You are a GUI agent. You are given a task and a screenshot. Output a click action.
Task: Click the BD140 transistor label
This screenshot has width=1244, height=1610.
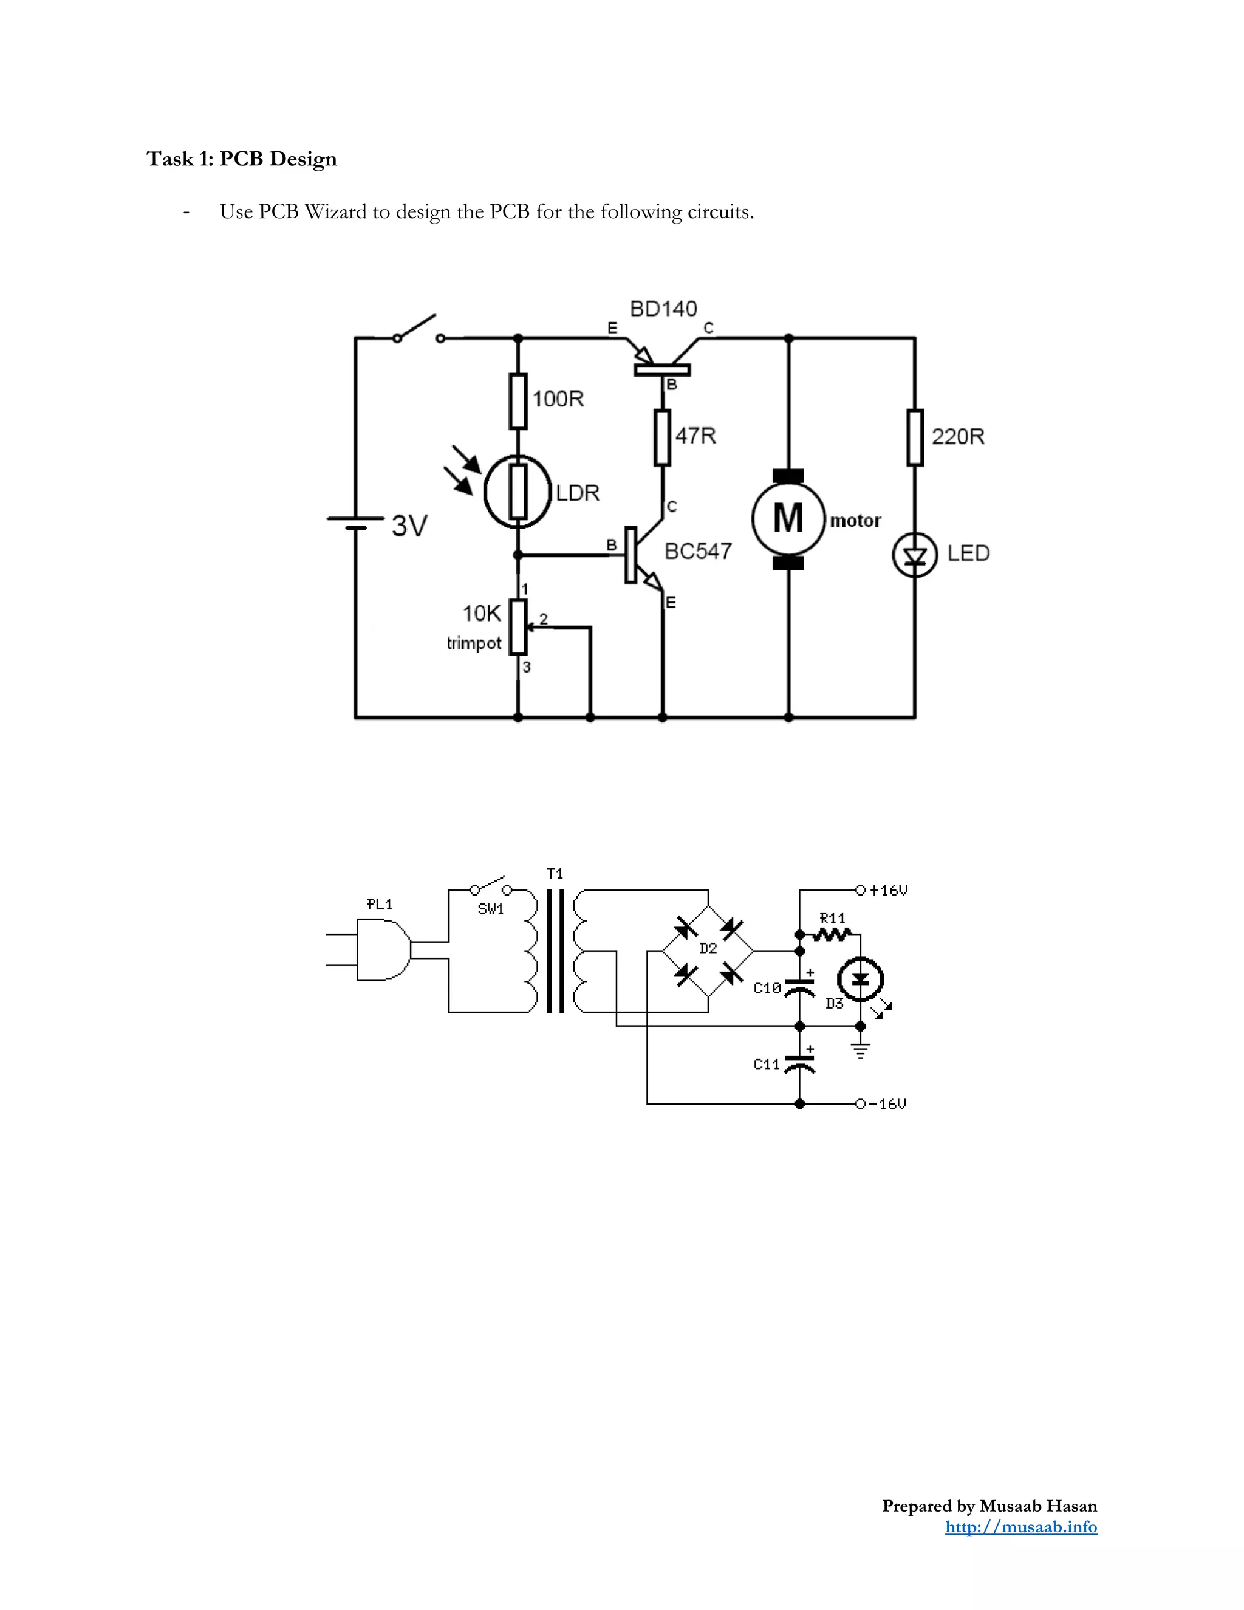click(x=663, y=309)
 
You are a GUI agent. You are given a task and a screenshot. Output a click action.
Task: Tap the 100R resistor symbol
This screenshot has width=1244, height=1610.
click(x=518, y=401)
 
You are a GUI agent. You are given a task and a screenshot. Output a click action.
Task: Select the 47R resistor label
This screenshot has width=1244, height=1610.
click(x=695, y=436)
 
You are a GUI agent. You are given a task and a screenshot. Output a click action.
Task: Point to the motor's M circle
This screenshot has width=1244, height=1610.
click(x=788, y=518)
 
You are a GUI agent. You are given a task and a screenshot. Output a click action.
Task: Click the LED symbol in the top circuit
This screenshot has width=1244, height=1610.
click(x=915, y=556)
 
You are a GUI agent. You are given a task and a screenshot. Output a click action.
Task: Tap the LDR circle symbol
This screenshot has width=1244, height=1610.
click(x=518, y=492)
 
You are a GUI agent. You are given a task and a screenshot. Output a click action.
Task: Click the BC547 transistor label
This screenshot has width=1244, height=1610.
click(x=698, y=552)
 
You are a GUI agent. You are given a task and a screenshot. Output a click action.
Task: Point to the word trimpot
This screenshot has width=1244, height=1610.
click(x=474, y=643)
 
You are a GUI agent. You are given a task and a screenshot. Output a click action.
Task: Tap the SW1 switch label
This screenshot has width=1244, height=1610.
click(x=491, y=909)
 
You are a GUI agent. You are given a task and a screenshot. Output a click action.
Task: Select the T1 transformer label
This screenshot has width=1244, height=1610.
click(x=556, y=874)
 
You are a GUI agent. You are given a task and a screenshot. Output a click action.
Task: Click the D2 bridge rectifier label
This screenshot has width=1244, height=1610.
click(x=708, y=949)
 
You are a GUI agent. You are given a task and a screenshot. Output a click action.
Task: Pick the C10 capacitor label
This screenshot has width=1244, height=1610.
click(x=767, y=988)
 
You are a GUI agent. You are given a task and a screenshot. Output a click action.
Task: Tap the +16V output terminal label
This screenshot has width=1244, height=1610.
click(x=889, y=891)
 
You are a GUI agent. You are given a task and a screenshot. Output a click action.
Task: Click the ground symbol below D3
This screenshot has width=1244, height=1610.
click(x=860, y=1050)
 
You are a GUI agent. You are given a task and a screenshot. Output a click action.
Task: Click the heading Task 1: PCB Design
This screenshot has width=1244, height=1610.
click(x=242, y=159)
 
